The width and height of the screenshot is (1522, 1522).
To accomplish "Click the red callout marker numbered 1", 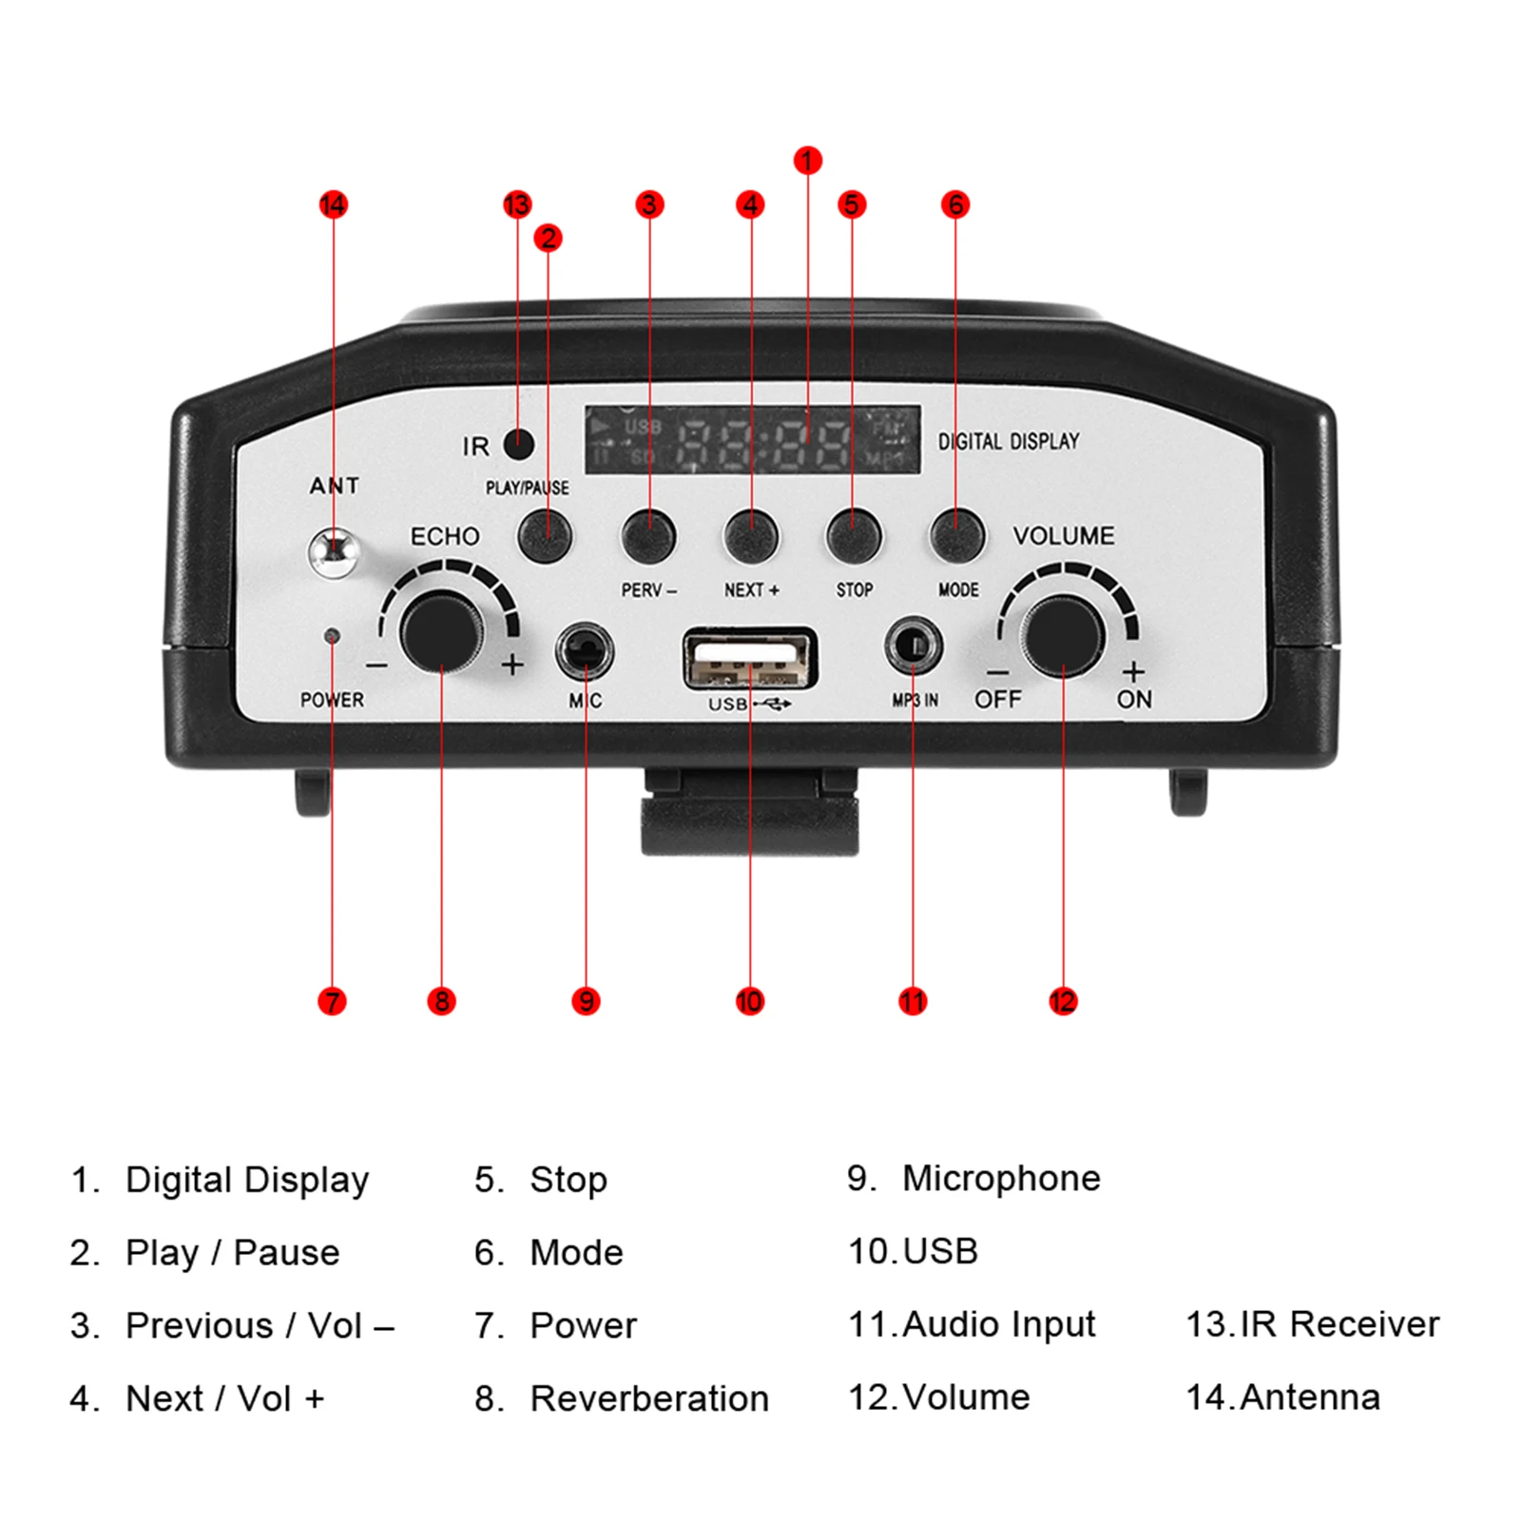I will (x=807, y=161).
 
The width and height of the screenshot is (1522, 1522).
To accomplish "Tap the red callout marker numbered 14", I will (x=334, y=204).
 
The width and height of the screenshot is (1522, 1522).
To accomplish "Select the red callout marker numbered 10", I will (x=749, y=1000).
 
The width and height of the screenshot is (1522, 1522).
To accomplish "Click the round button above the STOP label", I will (x=854, y=535).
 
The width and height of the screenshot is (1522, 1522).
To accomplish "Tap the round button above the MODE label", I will (x=956, y=535).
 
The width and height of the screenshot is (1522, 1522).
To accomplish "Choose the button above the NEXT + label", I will (x=751, y=535).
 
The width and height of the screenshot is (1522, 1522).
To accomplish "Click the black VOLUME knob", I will (x=1063, y=635).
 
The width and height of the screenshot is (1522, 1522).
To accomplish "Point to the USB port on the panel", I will (x=750, y=659).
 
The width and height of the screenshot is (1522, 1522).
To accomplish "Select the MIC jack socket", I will (x=584, y=651).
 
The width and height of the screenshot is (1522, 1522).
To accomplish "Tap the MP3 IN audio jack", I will (x=914, y=646).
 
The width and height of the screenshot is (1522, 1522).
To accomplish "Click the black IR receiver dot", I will (x=519, y=443).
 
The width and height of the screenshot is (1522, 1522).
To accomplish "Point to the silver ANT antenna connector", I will (x=335, y=551).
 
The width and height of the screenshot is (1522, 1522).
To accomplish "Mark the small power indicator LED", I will (x=331, y=635).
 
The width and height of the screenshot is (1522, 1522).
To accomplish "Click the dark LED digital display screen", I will (x=752, y=439).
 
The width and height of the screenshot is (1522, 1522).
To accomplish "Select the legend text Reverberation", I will (x=649, y=1398).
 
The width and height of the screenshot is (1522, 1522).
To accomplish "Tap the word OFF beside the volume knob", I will (x=997, y=700).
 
